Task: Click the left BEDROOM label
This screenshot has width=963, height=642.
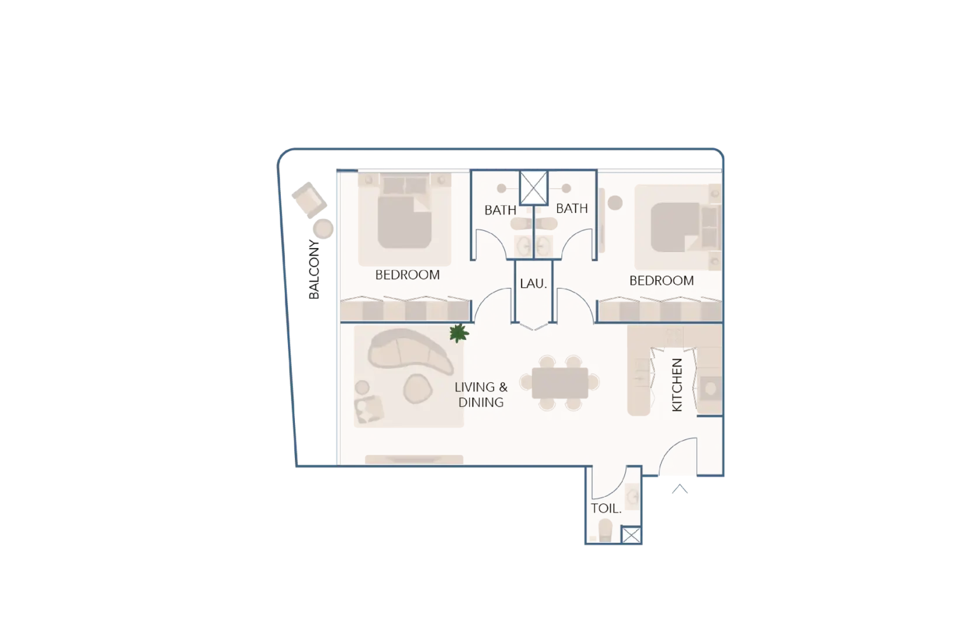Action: click(407, 274)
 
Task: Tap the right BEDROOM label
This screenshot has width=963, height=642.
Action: click(661, 281)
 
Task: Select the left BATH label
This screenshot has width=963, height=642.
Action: click(500, 210)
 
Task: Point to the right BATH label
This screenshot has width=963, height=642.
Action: click(571, 208)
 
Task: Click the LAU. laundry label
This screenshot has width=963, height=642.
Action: click(533, 284)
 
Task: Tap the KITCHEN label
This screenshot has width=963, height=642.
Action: click(677, 385)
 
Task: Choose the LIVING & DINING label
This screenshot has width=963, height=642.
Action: click(481, 395)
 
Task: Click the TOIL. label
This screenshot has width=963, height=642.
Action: click(606, 508)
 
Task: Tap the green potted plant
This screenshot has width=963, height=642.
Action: click(459, 333)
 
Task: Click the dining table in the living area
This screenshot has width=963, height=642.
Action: click(560, 383)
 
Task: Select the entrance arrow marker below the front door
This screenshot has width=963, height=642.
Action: click(679, 489)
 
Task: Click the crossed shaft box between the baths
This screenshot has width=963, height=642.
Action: click(533, 188)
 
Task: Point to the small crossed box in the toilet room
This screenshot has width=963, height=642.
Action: click(631, 535)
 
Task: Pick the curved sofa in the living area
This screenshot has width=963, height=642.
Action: click(409, 353)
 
